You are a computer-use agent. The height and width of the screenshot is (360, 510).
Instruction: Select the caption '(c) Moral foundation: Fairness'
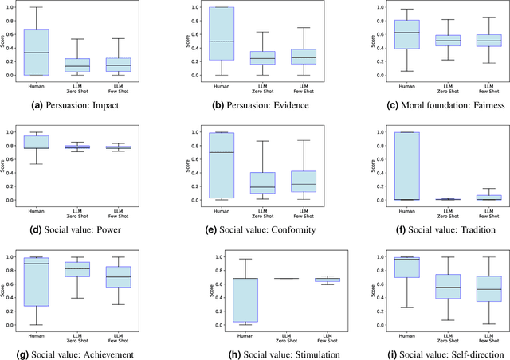tap(431, 104)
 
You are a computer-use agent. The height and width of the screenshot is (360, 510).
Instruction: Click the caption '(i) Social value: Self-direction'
tap(431, 354)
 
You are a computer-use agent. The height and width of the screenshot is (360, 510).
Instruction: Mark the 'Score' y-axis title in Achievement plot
tap(6, 290)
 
